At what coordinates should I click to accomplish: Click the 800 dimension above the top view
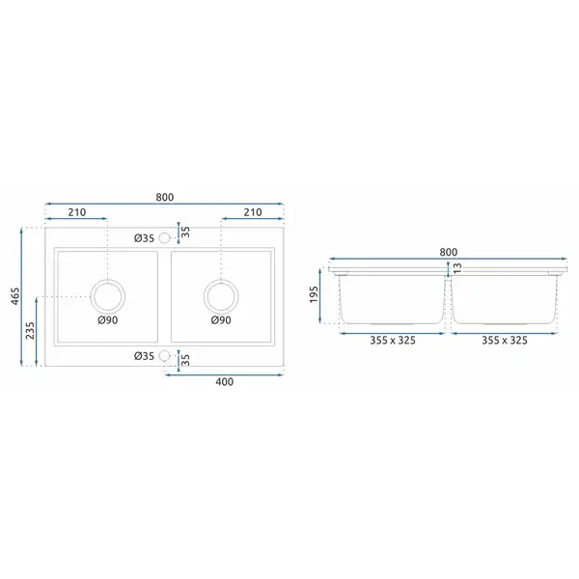tap(164, 197)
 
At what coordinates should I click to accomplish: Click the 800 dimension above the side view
tap(449, 252)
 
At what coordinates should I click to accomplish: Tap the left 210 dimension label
tap(77, 212)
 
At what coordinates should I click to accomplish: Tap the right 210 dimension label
tap(253, 212)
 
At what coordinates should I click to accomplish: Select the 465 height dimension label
tap(15, 296)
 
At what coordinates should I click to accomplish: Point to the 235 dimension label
tap(30, 330)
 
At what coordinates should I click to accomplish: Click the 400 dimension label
tap(225, 382)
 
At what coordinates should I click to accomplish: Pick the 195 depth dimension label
tap(314, 294)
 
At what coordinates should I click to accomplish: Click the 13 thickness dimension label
tap(457, 268)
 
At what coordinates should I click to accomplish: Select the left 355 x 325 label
tap(393, 340)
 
